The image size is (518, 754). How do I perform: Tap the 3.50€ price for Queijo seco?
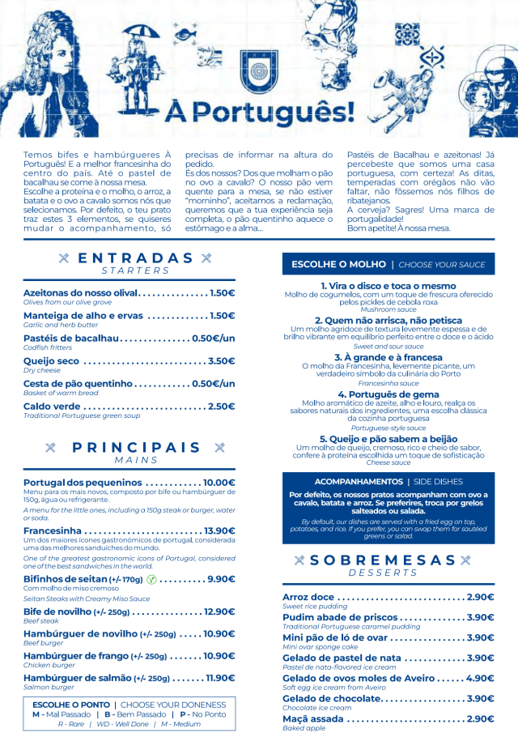click(x=221, y=361)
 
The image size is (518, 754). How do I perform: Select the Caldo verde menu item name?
click(x=52, y=407)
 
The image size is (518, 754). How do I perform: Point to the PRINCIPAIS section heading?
click(x=136, y=448)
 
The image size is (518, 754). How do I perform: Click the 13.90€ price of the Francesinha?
click(x=219, y=531)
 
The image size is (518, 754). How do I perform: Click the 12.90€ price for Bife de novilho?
click(x=219, y=612)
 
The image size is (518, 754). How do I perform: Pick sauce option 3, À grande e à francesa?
click(x=388, y=357)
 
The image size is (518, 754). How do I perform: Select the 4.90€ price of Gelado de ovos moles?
click(x=480, y=678)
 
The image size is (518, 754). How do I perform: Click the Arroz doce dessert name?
click(x=308, y=597)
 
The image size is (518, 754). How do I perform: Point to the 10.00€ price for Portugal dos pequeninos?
click(x=219, y=483)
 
